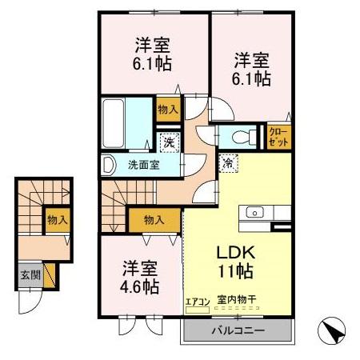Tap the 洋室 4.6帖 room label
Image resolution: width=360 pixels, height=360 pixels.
pos(140,276)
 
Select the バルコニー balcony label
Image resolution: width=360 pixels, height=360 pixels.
pos(238,330)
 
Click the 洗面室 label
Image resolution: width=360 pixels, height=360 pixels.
pos(143,166)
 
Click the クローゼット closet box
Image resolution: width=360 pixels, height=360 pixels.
pos(278,136)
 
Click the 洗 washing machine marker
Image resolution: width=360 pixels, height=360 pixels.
pos(169,143)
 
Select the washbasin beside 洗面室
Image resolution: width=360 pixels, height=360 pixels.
pos(109,166)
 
